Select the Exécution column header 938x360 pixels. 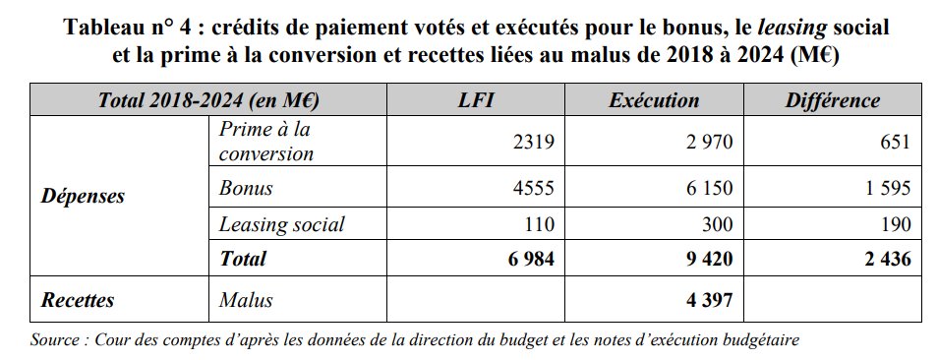coord(654,100)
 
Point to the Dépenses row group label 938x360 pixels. coord(83,196)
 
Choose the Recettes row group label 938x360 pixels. coord(78,302)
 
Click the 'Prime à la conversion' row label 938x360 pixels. coord(267,142)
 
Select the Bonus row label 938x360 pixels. coord(246,187)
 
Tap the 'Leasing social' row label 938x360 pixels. coord(281,223)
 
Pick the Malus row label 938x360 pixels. coord(246,302)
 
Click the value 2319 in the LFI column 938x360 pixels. coord(536,142)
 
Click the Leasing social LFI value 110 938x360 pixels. coord(541,223)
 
